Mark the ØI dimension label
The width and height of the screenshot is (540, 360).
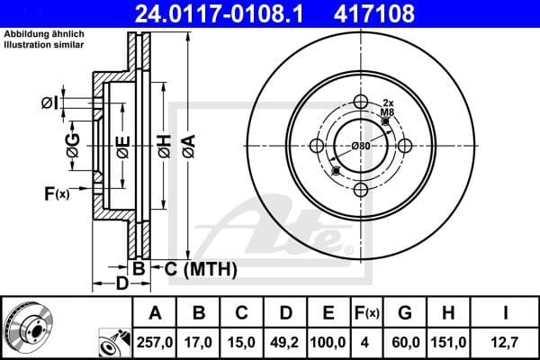point(50,103)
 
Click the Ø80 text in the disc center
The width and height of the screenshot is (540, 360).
point(361,146)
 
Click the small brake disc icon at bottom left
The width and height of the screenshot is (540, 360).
point(27,328)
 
